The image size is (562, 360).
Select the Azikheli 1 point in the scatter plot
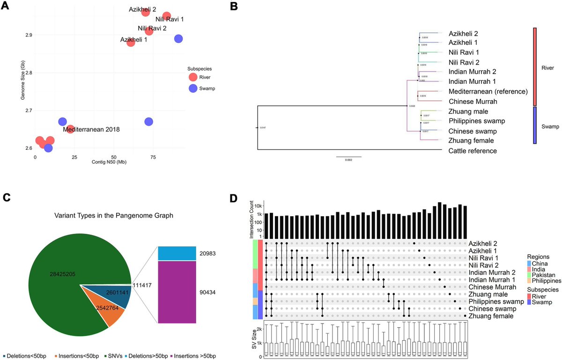(131, 43)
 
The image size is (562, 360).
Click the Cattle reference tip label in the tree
(473, 151)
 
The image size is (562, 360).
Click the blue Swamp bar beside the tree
(534, 125)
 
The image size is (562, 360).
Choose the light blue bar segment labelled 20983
(177, 253)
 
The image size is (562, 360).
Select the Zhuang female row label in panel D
(492, 316)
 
